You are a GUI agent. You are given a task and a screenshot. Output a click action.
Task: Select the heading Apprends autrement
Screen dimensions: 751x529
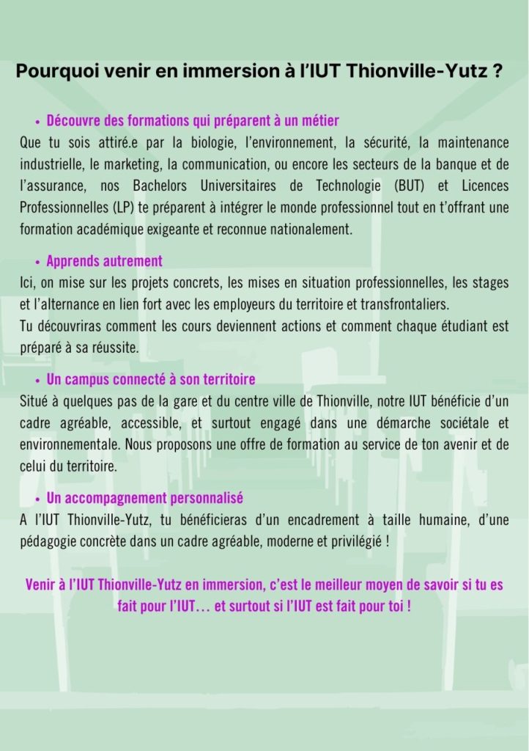pos(104,261)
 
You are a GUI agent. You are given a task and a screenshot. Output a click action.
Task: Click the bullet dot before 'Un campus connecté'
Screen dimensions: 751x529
pos(37,381)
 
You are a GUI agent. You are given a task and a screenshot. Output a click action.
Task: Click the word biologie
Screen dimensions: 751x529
pos(199,143)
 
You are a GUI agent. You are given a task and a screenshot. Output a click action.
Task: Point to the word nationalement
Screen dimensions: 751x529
pos(307,229)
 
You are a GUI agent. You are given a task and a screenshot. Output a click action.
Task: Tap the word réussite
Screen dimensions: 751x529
pos(115,348)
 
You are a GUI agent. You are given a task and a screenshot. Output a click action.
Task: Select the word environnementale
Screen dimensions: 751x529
pos(69,444)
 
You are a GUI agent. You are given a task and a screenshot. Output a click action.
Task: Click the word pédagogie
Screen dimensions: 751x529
pos(49,542)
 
